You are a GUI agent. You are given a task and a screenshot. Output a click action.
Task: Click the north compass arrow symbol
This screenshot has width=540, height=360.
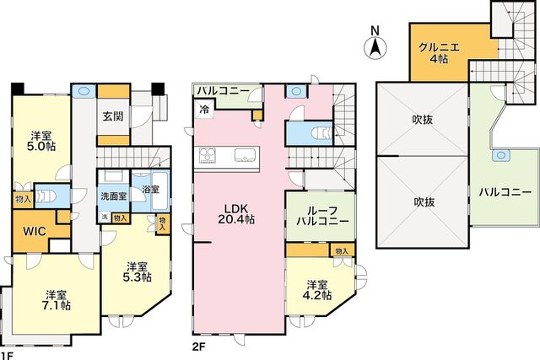pyautogui.click(x=375, y=48)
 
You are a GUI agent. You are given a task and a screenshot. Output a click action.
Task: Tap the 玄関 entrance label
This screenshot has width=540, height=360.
pyautogui.click(x=113, y=116)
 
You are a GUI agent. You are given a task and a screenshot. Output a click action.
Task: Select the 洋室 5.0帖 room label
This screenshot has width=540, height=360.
pyautogui.click(x=41, y=141)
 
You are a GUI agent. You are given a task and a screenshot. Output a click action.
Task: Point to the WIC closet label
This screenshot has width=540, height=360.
pyautogui.click(x=35, y=231)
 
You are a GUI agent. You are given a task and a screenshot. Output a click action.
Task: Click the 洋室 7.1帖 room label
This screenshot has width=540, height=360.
pyautogui.click(x=57, y=300)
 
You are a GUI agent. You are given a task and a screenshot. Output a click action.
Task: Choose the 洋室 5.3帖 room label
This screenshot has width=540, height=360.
pyautogui.click(x=137, y=271)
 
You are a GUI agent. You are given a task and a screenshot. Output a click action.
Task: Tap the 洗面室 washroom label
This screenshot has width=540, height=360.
pyautogui.click(x=114, y=196)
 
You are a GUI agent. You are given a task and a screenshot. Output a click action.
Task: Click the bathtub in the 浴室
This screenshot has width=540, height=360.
pyautogui.click(x=159, y=191)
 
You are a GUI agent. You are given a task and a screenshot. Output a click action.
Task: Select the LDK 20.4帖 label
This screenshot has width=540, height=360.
pyautogui.click(x=236, y=214)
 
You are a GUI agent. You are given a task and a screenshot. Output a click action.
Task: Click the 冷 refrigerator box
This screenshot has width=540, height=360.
pyautogui.click(x=204, y=110)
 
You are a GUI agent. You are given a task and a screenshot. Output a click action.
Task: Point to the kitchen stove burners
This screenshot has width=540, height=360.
pyautogui.click(x=207, y=155)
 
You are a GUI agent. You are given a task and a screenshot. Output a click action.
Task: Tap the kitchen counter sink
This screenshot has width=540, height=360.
pyautogui.click(x=245, y=155)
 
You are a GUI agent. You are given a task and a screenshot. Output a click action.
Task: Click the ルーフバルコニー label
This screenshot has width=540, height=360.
pyautogui.click(x=322, y=216)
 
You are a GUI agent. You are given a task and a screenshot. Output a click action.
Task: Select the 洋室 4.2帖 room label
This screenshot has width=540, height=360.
pyautogui.click(x=317, y=290)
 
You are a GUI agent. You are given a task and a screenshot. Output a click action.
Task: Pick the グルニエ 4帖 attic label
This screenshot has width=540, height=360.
pyautogui.click(x=439, y=52)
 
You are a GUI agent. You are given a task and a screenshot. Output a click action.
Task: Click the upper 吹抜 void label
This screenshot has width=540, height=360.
pyautogui.click(x=422, y=120)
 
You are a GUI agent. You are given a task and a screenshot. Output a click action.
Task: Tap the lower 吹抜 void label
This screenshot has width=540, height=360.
pyautogui.click(x=424, y=201)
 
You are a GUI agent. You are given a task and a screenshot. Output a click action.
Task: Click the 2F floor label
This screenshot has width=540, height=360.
pyautogui.click(x=198, y=346)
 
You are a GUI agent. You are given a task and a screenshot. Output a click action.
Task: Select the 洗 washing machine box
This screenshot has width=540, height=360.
pyautogui.click(x=105, y=218)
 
